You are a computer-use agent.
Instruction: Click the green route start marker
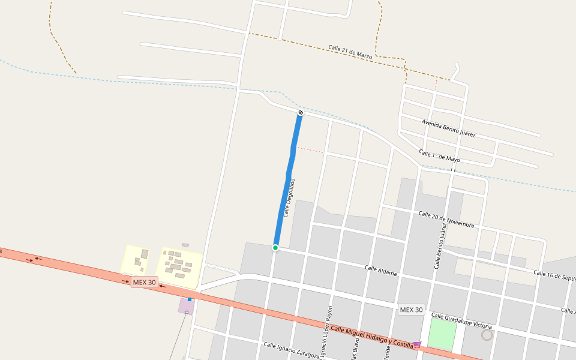275,248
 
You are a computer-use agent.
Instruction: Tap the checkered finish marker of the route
301,113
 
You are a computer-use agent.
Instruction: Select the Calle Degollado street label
289,197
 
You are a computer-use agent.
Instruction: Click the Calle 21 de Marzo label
350,52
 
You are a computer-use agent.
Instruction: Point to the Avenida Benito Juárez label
449,128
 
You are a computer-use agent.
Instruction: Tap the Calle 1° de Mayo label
439,156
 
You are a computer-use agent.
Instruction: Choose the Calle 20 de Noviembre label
446,219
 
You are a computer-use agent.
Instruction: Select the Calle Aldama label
381,270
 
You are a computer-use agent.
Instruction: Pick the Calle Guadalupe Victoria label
461,320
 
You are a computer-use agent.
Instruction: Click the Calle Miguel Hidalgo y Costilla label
372,337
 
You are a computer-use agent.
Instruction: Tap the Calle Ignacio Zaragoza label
290,351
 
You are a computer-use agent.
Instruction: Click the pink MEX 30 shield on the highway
144,282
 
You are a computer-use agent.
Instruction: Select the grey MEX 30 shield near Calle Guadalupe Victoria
411,310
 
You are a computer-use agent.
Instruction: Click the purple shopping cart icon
417,344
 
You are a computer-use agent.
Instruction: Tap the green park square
442,334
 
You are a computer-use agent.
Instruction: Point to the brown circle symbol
487,335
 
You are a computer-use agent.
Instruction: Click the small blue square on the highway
190,299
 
